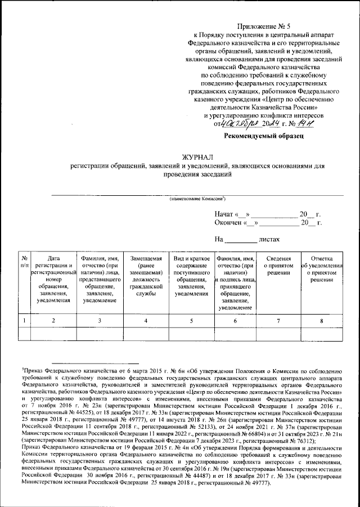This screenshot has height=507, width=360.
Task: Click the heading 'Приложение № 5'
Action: tap(263, 26)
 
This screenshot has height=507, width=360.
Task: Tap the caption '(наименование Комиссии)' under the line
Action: tap(198, 200)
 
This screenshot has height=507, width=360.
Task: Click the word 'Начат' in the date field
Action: tap(224, 214)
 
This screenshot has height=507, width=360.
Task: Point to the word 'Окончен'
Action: tap(228, 223)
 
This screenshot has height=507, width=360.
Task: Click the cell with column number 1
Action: tap(24, 320)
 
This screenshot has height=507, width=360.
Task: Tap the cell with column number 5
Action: tap(191, 320)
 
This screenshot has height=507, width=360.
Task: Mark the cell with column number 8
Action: tap(322, 320)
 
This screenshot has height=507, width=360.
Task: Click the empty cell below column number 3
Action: tap(100, 334)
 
